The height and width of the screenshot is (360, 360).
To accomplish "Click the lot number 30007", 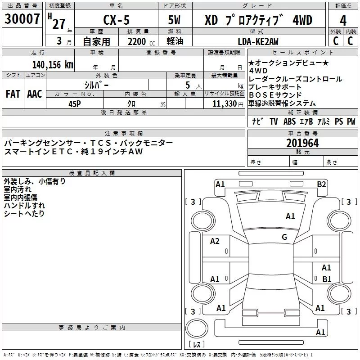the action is click(x=22, y=20).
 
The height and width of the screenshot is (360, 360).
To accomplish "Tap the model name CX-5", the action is click(x=116, y=20).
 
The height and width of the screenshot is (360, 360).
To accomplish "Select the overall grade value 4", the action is click(x=343, y=21).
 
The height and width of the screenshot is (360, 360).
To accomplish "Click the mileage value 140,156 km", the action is click(x=53, y=64).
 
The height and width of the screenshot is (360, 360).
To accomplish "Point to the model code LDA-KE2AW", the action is click(x=258, y=41).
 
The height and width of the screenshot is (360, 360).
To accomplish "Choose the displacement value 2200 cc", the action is click(x=137, y=41).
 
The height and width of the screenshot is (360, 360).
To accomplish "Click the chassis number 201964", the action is click(x=302, y=143).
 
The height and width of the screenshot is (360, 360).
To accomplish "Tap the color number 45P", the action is click(x=76, y=103).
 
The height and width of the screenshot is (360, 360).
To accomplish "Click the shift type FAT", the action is click(x=13, y=94).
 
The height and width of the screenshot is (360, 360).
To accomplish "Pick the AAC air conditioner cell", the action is click(x=35, y=94).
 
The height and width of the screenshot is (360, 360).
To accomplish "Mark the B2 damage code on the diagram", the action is click(x=321, y=184).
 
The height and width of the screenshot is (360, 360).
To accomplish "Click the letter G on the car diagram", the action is click(x=284, y=237).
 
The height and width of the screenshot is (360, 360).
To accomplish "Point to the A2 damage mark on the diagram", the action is click(x=215, y=241).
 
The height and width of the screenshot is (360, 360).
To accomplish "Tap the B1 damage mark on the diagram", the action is click(x=327, y=279).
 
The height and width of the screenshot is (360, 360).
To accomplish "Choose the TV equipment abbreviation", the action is click(x=274, y=121).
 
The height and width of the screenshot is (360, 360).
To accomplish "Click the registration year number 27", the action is click(x=59, y=23).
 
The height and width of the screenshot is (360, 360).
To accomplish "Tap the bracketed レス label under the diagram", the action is click(x=197, y=344).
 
